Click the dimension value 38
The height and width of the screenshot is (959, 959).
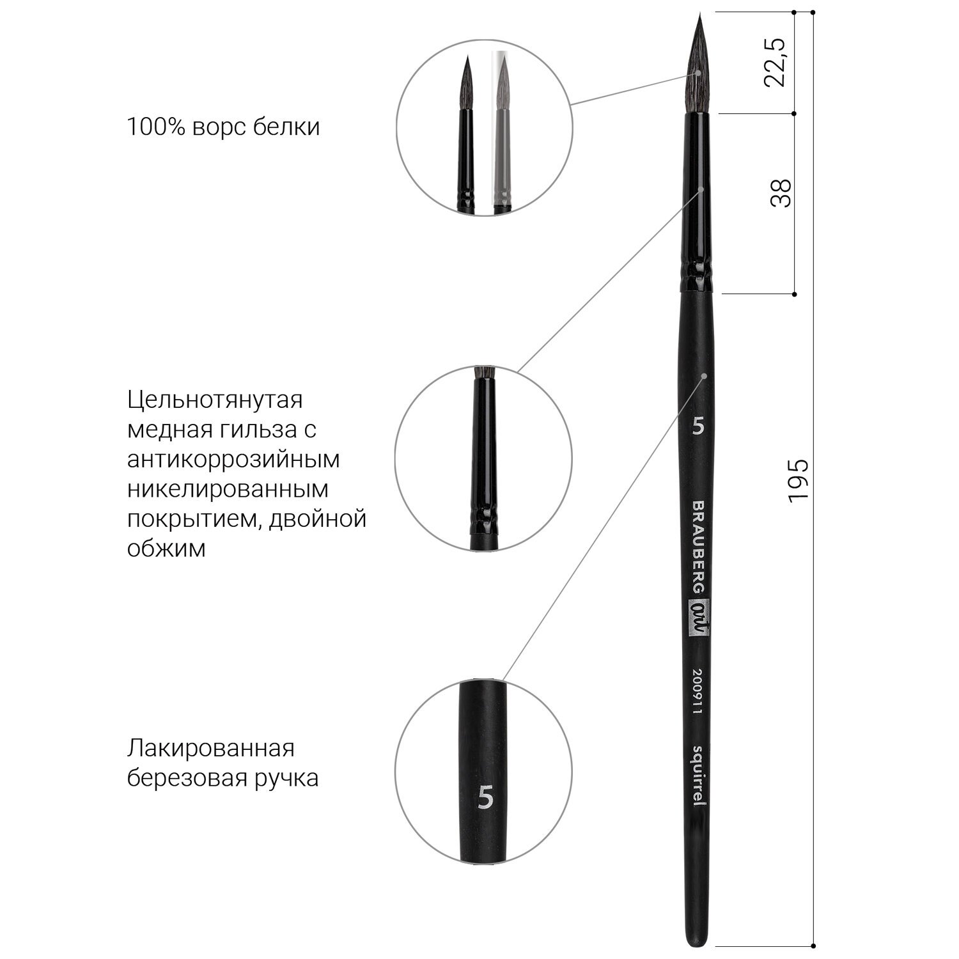click(x=781, y=192)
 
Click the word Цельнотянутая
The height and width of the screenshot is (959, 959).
click(x=215, y=400)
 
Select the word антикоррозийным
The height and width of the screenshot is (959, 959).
click(x=233, y=460)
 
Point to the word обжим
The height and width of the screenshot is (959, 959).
click(x=166, y=549)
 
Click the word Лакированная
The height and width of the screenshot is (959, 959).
click(x=211, y=748)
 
